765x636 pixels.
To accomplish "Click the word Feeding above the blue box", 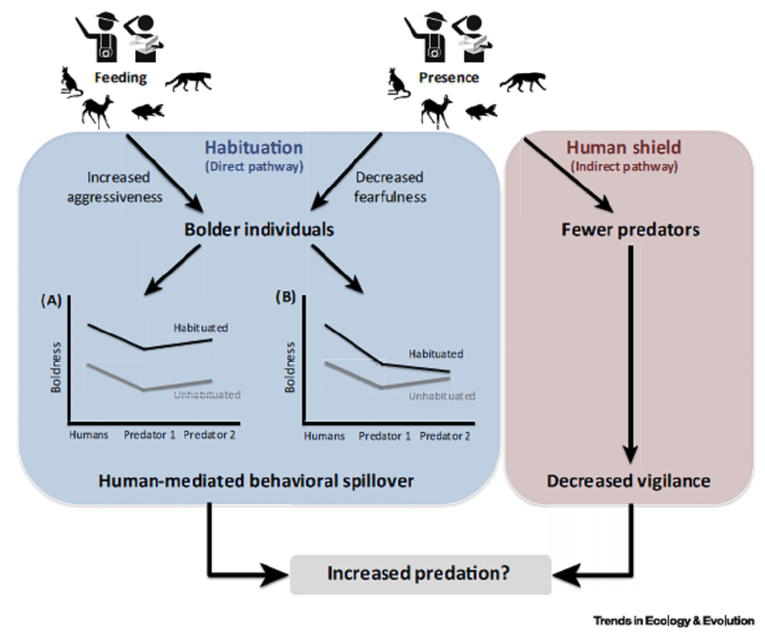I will pos(121,78).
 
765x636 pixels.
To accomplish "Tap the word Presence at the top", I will pos(449,78).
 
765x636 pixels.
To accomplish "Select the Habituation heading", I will pos(252,148).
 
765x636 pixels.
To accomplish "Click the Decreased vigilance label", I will pos(628,481).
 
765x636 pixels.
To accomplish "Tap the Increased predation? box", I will pos(419,574).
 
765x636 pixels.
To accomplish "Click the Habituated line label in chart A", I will pos(200,328).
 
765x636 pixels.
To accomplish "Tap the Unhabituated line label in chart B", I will pos(441,396).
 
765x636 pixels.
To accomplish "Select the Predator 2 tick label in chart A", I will pos(210,436).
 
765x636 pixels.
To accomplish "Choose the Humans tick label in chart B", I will pos(324,436).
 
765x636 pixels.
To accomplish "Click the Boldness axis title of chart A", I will pos(56,366).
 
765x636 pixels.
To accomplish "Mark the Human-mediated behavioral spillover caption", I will pos(256,481).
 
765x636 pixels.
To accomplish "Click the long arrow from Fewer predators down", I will pos(630,350).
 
